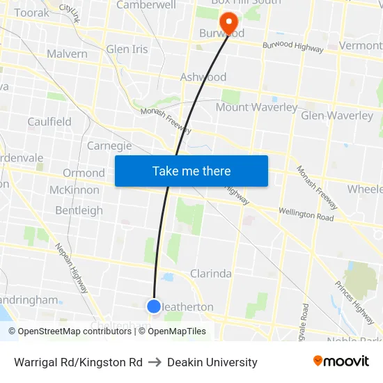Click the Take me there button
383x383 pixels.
tap(191, 171)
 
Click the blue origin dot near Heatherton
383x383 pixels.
tap(154, 306)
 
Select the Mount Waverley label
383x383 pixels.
tap(256, 107)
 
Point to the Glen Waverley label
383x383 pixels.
tap(336, 116)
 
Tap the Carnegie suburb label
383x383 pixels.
tap(109, 146)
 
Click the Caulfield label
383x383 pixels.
tap(49, 121)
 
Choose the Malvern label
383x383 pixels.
tap(67, 54)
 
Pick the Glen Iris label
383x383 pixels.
tap(127, 49)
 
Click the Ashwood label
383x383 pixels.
tap(203, 77)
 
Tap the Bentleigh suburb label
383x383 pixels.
tap(79, 210)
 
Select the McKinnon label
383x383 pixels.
tap(74, 190)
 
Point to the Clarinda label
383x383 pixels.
tap(211, 274)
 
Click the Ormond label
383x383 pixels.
tap(84, 173)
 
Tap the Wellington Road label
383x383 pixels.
tap(306, 214)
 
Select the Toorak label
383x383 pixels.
tap(32, 13)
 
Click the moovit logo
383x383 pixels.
tap(341, 361)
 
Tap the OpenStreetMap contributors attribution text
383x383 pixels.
tap(74, 331)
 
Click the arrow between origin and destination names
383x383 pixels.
tap(155, 362)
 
